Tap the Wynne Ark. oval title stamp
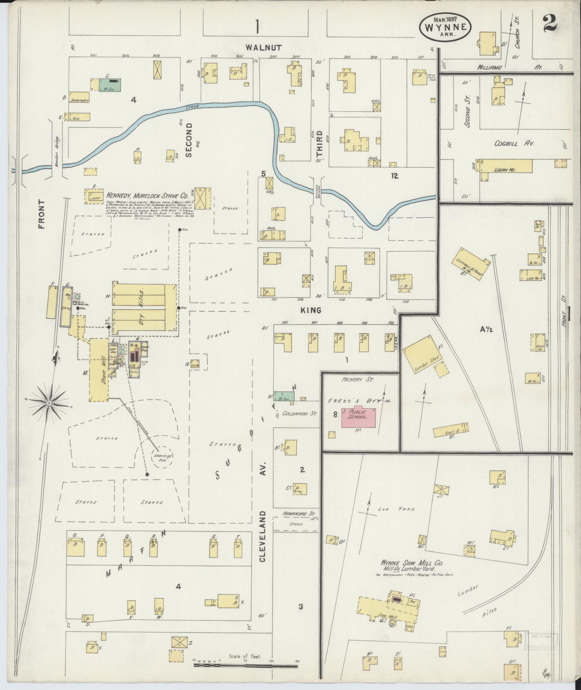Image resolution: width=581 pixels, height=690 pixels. (445, 28)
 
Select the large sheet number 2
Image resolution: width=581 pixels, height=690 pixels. (549, 22)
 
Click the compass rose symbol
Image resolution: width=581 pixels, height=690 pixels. (49, 403)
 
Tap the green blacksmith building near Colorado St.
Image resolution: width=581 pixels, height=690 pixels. (284, 395)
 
